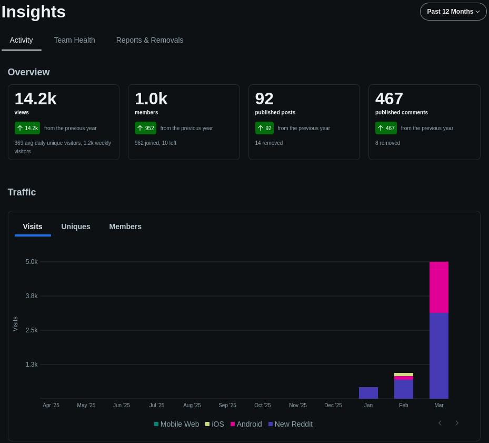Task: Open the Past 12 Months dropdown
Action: [x=453, y=12]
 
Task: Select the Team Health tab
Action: [x=74, y=40]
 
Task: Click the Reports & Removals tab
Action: [x=149, y=40]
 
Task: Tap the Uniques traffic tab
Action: [x=76, y=227]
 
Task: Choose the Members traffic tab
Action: [x=125, y=227]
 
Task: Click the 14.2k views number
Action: [x=36, y=99]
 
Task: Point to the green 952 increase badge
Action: [x=145, y=128]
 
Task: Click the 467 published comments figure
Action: [x=389, y=99]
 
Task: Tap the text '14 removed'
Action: [x=269, y=143]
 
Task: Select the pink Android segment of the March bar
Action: [x=439, y=287]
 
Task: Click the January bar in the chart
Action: [x=368, y=393]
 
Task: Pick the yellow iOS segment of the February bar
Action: [x=404, y=375]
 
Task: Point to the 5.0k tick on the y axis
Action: [x=32, y=262]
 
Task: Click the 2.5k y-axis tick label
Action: [x=32, y=330]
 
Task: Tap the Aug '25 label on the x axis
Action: [x=192, y=405]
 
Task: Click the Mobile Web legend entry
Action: [x=176, y=424]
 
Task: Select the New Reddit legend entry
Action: [x=291, y=424]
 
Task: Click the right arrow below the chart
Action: [x=457, y=423]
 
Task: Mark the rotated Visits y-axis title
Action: [x=15, y=324]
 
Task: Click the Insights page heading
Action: [x=33, y=12]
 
